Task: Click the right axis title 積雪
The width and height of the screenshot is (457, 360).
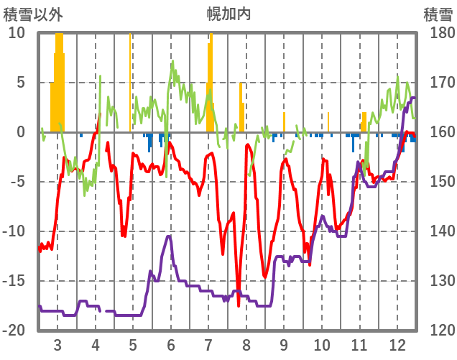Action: [x=437, y=14]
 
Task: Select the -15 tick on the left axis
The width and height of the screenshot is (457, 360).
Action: [x=16, y=281]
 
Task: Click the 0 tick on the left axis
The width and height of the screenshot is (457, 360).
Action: [x=21, y=132]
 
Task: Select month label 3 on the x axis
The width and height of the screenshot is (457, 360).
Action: [x=57, y=344]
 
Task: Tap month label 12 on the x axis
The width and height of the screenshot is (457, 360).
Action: [x=397, y=344]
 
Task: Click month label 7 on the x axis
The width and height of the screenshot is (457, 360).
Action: [x=208, y=344]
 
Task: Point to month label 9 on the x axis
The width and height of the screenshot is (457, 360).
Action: [x=284, y=344]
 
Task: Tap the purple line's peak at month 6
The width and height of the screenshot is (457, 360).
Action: [x=169, y=236]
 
